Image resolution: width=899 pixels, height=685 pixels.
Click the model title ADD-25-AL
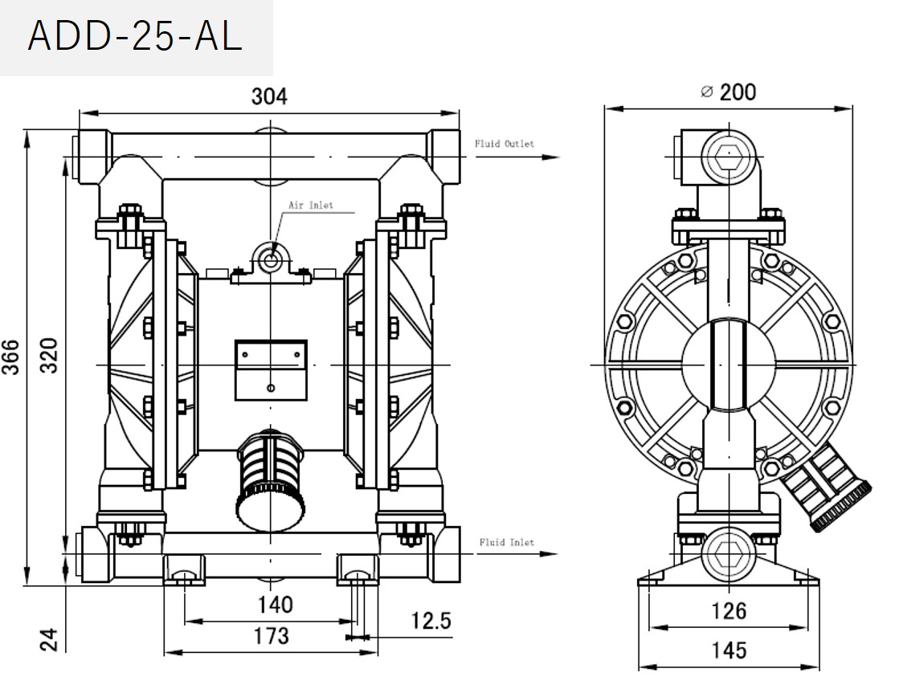135,38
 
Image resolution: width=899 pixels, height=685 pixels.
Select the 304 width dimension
269,96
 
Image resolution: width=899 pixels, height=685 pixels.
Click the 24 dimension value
50,639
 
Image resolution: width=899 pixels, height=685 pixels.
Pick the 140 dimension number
270,604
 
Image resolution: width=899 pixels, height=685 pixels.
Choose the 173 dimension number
271,636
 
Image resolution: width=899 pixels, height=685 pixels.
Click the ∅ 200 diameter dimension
728,92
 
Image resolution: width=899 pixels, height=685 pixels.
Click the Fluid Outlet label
504,144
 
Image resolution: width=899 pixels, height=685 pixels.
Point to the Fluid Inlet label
506,542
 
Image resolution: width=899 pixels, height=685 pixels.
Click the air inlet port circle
270,259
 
